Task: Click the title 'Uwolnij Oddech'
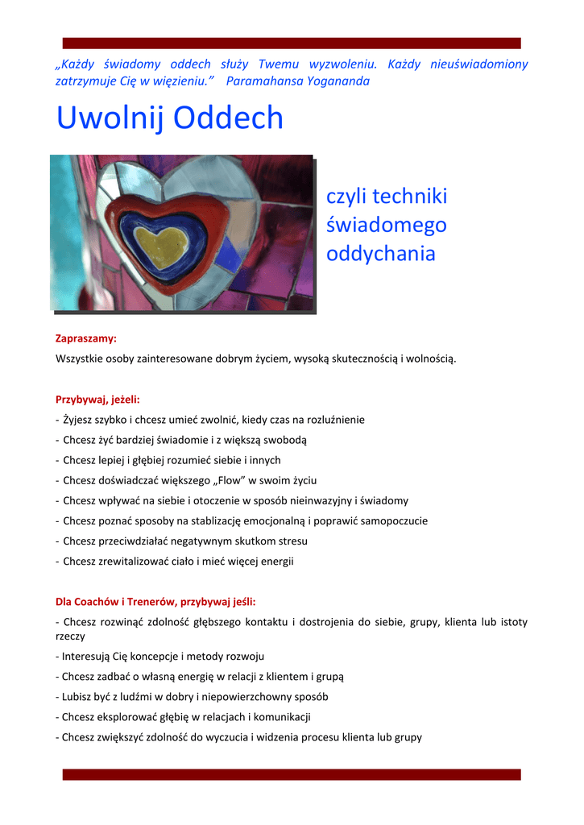click(170, 118)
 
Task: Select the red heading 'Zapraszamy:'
click(86, 338)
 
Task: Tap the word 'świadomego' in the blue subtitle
click(386, 225)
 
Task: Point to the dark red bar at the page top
click(292, 43)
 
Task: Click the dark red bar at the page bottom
click(292, 774)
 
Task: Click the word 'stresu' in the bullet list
click(291, 541)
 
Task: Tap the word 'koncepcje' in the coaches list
click(155, 657)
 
